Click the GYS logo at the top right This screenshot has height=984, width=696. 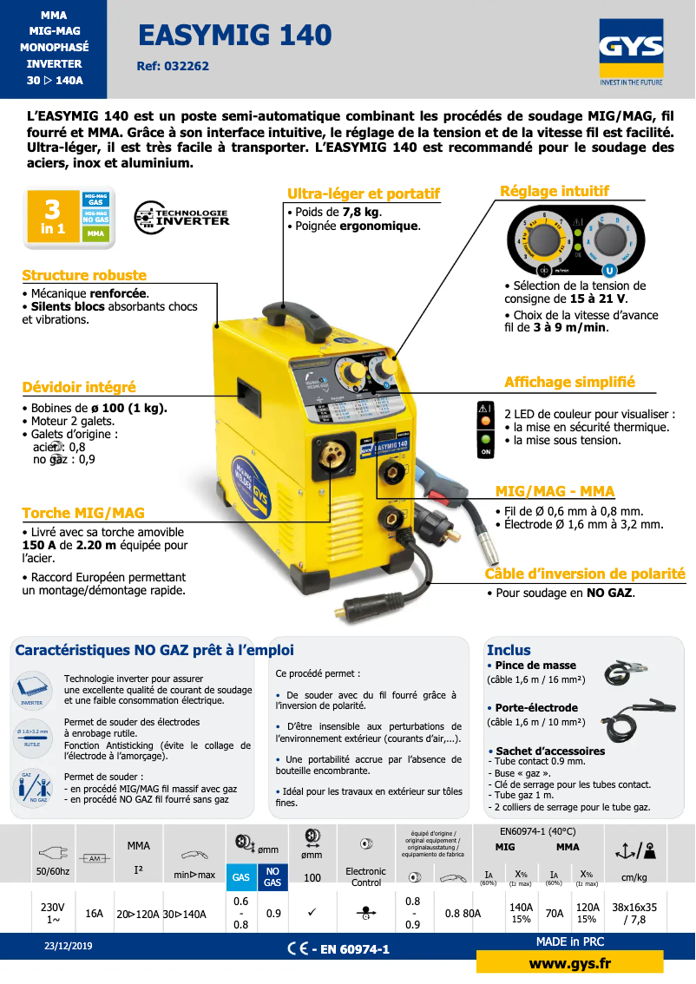click(x=630, y=53)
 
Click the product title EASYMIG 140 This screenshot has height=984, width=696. click(x=234, y=35)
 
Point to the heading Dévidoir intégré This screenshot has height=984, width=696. click(x=79, y=387)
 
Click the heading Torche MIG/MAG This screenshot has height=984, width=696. click(x=83, y=513)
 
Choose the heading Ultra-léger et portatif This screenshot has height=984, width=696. click(x=364, y=194)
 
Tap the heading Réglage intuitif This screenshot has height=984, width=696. click(x=555, y=191)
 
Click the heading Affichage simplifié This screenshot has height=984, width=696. click(x=569, y=382)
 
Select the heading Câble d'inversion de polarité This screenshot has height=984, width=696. click(x=585, y=574)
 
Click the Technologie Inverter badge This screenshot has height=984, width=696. click(x=182, y=218)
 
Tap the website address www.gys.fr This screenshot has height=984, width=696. click(x=569, y=964)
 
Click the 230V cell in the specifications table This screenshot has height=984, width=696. click(x=52, y=912)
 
